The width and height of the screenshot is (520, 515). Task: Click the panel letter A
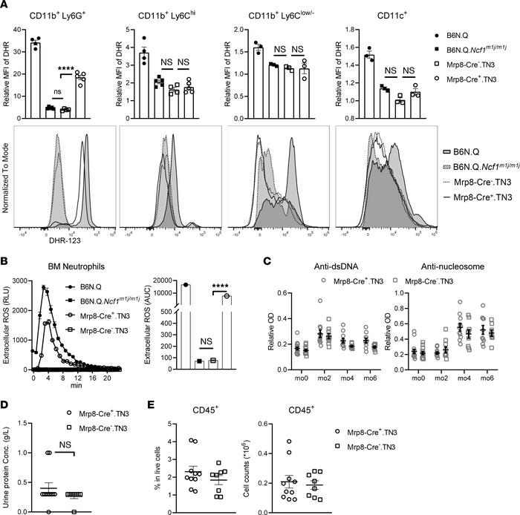7,7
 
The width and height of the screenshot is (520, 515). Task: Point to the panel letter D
7,384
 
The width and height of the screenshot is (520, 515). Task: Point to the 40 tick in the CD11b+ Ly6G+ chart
18,29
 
